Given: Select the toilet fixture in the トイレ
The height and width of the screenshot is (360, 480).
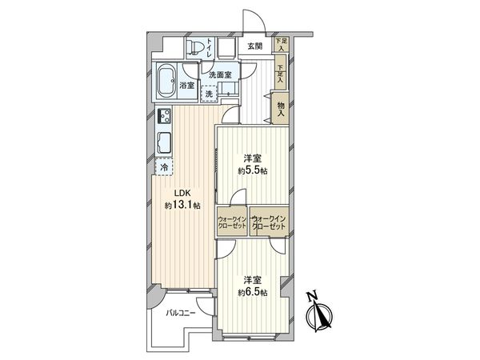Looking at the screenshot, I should coord(195,47).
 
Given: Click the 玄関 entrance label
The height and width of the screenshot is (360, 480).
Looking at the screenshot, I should coord(254,46).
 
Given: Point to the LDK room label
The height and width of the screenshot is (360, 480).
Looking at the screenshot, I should coord(175,193).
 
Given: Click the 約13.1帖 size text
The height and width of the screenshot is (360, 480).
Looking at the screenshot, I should coord(181,206).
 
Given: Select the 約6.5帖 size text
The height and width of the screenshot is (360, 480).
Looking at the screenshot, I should coord(252,293).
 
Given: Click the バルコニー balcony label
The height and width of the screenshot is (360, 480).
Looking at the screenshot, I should coord(181,314).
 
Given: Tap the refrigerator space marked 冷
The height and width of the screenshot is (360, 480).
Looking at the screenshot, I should coord(164,168).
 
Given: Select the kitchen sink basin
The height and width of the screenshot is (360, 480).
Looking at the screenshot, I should coord(164,144).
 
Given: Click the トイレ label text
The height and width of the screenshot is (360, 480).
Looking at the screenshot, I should coord(209,48).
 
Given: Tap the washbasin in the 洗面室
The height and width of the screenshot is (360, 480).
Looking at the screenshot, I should coord(230,94).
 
